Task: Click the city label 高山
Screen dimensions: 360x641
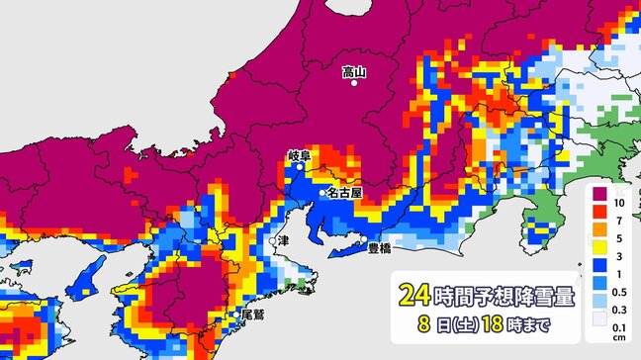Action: [354, 71]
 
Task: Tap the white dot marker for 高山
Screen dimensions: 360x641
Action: [354, 85]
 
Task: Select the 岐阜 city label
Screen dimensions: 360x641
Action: [300, 155]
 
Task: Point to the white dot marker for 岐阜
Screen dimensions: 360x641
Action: [301, 167]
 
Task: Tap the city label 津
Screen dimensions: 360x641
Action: [285, 240]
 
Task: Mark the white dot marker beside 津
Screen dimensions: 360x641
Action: [272, 240]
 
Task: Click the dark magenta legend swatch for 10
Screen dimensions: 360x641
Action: [598, 203]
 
